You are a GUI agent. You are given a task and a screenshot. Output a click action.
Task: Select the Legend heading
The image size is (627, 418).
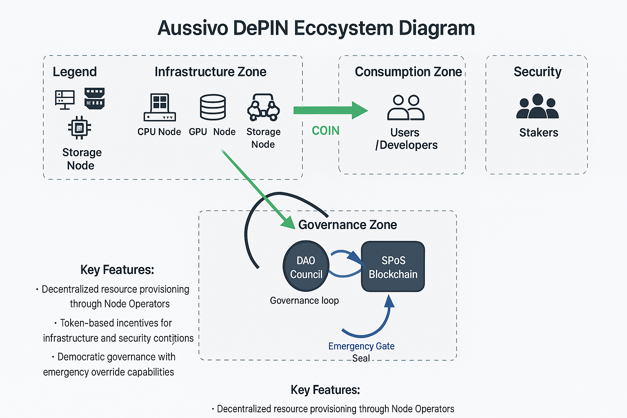(75, 72)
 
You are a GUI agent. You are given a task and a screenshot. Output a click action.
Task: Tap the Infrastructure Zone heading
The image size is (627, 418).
(210, 72)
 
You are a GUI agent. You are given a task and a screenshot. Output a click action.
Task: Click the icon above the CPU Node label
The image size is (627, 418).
(160, 107)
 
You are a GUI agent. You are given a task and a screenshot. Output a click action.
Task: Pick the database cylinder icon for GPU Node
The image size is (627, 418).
(213, 107)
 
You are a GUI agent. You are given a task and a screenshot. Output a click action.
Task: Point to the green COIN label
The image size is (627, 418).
(325, 131)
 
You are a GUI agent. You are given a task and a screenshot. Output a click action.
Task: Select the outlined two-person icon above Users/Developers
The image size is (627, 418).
(406, 107)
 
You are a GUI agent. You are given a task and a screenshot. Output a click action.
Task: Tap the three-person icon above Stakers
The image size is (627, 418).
(537, 107)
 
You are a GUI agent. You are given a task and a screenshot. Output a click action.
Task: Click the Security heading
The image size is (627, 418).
(537, 72)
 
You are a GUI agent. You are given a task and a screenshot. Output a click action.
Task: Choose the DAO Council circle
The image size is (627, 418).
(306, 267)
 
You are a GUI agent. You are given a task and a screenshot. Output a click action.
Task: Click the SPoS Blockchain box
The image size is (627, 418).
(393, 267)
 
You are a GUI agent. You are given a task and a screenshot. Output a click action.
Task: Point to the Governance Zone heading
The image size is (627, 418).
(347, 225)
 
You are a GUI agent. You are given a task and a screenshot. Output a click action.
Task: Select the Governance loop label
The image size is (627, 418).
(304, 300)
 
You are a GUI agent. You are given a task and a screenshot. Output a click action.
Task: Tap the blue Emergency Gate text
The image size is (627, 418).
(361, 346)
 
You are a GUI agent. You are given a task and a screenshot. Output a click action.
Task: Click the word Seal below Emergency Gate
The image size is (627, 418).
(361, 358)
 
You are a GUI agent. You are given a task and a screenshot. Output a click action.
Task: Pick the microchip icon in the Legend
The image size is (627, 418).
(80, 128)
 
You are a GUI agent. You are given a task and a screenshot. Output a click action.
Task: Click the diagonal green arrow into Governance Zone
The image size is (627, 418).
(257, 188)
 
